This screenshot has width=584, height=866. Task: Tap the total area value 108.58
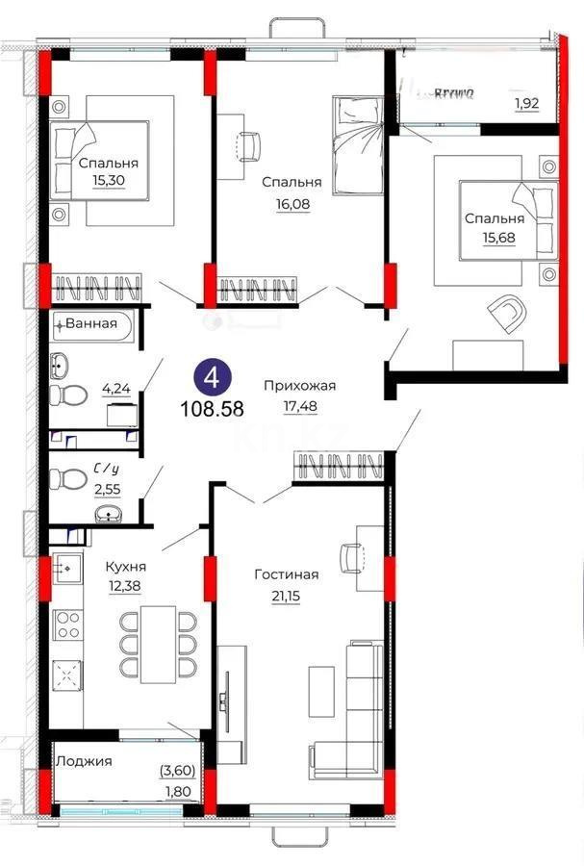pos(212,407)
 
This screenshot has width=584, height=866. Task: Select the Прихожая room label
pos(300,386)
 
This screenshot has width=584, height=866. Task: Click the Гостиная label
pos(286,574)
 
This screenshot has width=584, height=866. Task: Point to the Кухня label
pos(125,568)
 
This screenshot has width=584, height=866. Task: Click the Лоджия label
pos(84,760)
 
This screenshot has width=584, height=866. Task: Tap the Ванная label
pos(98,323)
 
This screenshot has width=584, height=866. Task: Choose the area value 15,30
pos(109,180)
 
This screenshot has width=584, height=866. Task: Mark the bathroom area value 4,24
pos(117,390)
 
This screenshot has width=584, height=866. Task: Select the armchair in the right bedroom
pos(507,313)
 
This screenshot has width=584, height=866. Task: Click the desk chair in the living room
pos(350,555)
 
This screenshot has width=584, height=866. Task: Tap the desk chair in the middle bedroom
pos(248,145)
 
